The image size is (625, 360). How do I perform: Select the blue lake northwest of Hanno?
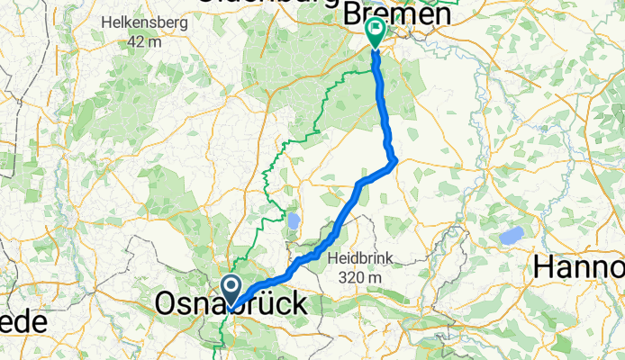click(x=512, y=236)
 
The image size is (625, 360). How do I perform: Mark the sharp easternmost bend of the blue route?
click(x=394, y=161)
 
